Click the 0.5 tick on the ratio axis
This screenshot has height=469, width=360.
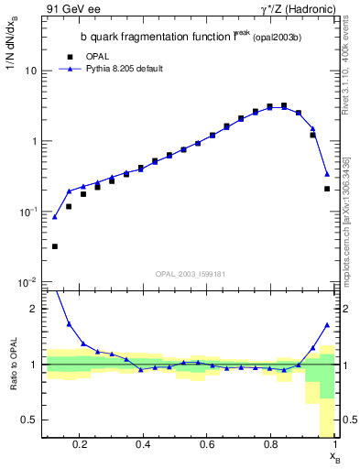pyautogui.click(x=28, y=420)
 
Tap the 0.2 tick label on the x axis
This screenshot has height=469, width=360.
pyautogui.click(x=80, y=446)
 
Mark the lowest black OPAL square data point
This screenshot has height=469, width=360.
pyautogui.click(x=55, y=246)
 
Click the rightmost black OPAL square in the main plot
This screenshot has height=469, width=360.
pyautogui.click(x=327, y=189)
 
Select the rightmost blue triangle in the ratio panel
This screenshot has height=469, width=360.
pyautogui.click(x=327, y=325)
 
